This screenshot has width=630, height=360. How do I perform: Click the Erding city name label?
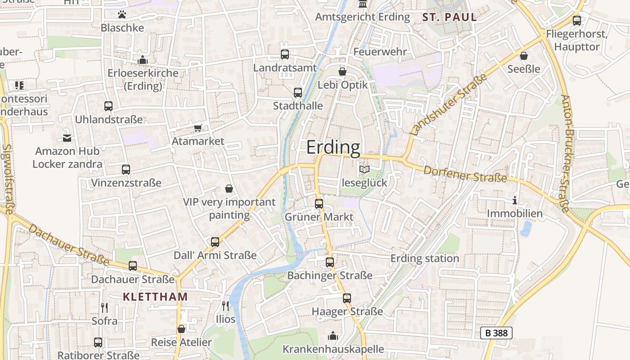click(333, 147)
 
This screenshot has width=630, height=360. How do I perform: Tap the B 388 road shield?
click(496, 333)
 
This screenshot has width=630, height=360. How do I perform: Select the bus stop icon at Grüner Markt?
click(319, 203)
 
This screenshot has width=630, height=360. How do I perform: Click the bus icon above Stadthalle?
click(297, 93)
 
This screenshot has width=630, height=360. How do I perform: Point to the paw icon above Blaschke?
click(122, 14)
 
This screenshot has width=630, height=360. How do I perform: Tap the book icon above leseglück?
click(364, 170)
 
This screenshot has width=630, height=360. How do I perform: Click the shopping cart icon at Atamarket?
click(198, 128)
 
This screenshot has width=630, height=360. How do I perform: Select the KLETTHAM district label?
click(155, 297)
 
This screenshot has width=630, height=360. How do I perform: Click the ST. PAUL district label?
click(450, 18)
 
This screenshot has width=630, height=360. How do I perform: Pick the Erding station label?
click(424, 259)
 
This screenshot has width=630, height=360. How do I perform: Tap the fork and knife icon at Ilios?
click(225, 306)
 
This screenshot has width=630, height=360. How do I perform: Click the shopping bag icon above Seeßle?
click(523, 56)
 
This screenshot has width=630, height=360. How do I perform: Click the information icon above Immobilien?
click(515, 200)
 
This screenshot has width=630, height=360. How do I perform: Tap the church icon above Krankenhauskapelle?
click(333, 336)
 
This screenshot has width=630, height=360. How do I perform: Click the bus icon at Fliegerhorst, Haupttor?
click(576, 20)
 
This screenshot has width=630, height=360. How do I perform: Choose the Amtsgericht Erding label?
click(363, 17)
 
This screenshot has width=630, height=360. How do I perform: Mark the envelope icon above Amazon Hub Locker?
click(67, 138)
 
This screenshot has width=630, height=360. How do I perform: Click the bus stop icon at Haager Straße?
click(346, 298)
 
